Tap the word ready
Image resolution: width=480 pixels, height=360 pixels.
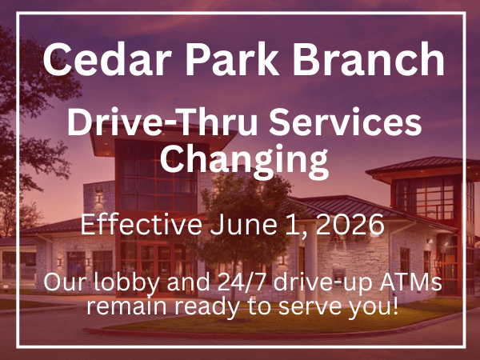204,307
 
